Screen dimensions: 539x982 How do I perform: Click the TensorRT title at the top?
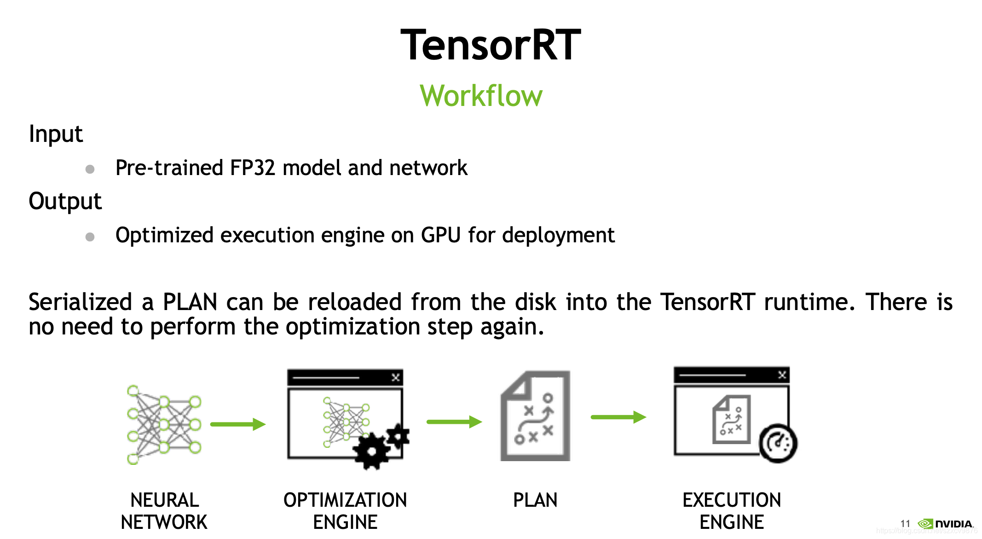(491, 45)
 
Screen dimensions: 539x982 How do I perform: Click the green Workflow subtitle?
(481, 96)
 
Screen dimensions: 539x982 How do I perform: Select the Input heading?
(56, 134)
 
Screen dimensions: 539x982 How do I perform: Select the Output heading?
(65, 201)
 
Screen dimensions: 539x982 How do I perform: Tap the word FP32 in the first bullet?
(252, 168)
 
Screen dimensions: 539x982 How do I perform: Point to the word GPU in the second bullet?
(440, 235)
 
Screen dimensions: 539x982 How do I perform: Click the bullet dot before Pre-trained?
(90, 170)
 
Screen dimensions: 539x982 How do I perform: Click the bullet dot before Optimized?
(90, 237)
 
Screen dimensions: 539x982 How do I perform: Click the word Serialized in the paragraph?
(81, 302)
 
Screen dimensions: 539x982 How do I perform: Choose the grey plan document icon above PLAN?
(535, 416)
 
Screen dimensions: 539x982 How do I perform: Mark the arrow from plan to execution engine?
(618, 417)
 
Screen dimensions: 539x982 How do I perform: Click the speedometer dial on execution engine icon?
(778, 443)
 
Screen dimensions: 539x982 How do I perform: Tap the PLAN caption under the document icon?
(535, 500)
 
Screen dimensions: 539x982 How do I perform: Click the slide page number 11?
(905, 524)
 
